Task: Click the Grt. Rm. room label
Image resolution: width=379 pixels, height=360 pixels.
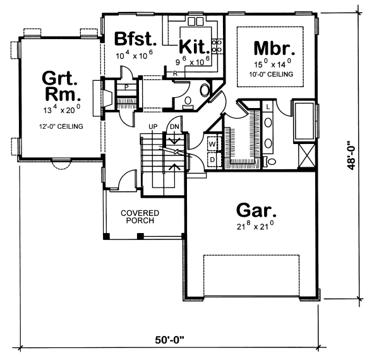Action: pyautogui.click(x=61, y=85)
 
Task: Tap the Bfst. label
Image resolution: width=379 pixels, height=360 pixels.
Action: pyautogui.click(x=135, y=39)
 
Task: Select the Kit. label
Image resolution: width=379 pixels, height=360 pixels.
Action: pyautogui.click(x=195, y=47)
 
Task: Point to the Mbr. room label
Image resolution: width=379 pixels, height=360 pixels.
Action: pyautogui.click(x=274, y=48)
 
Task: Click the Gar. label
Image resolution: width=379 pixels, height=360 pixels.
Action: pyautogui.click(x=256, y=210)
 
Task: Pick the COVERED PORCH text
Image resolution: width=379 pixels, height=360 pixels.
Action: pyautogui.click(x=140, y=217)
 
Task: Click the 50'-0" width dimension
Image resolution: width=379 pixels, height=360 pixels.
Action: pyautogui.click(x=169, y=340)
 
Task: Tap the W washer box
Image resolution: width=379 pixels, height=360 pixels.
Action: pyautogui.click(x=213, y=144)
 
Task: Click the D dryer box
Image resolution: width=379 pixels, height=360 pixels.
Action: pyautogui.click(x=213, y=160)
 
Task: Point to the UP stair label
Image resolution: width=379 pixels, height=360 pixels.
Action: pyautogui.click(x=153, y=126)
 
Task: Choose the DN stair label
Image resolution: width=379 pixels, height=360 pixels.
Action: pyautogui.click(x=174, y=126)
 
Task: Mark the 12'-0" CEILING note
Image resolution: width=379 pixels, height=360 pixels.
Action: pyautogui.click(x=61, y=126)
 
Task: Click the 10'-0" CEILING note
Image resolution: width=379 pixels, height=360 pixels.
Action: pyautogui.click(x=271, y=74)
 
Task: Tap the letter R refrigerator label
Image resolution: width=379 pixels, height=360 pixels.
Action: pyautogui.click(x=175, y=73)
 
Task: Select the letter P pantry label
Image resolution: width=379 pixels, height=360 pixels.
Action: pyautogui.click(x=126, y=87)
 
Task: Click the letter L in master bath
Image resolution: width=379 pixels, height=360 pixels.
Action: pyautogui.click(x=268, y=106)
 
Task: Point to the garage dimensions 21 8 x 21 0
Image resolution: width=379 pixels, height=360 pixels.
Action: pyautogui.click(x=255, y=227)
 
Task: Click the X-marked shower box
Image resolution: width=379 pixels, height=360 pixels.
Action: pyautogui.click(x=307, y=155)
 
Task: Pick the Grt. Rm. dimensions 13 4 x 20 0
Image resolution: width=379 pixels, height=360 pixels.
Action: pyautogui.click(x=62, y=110)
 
